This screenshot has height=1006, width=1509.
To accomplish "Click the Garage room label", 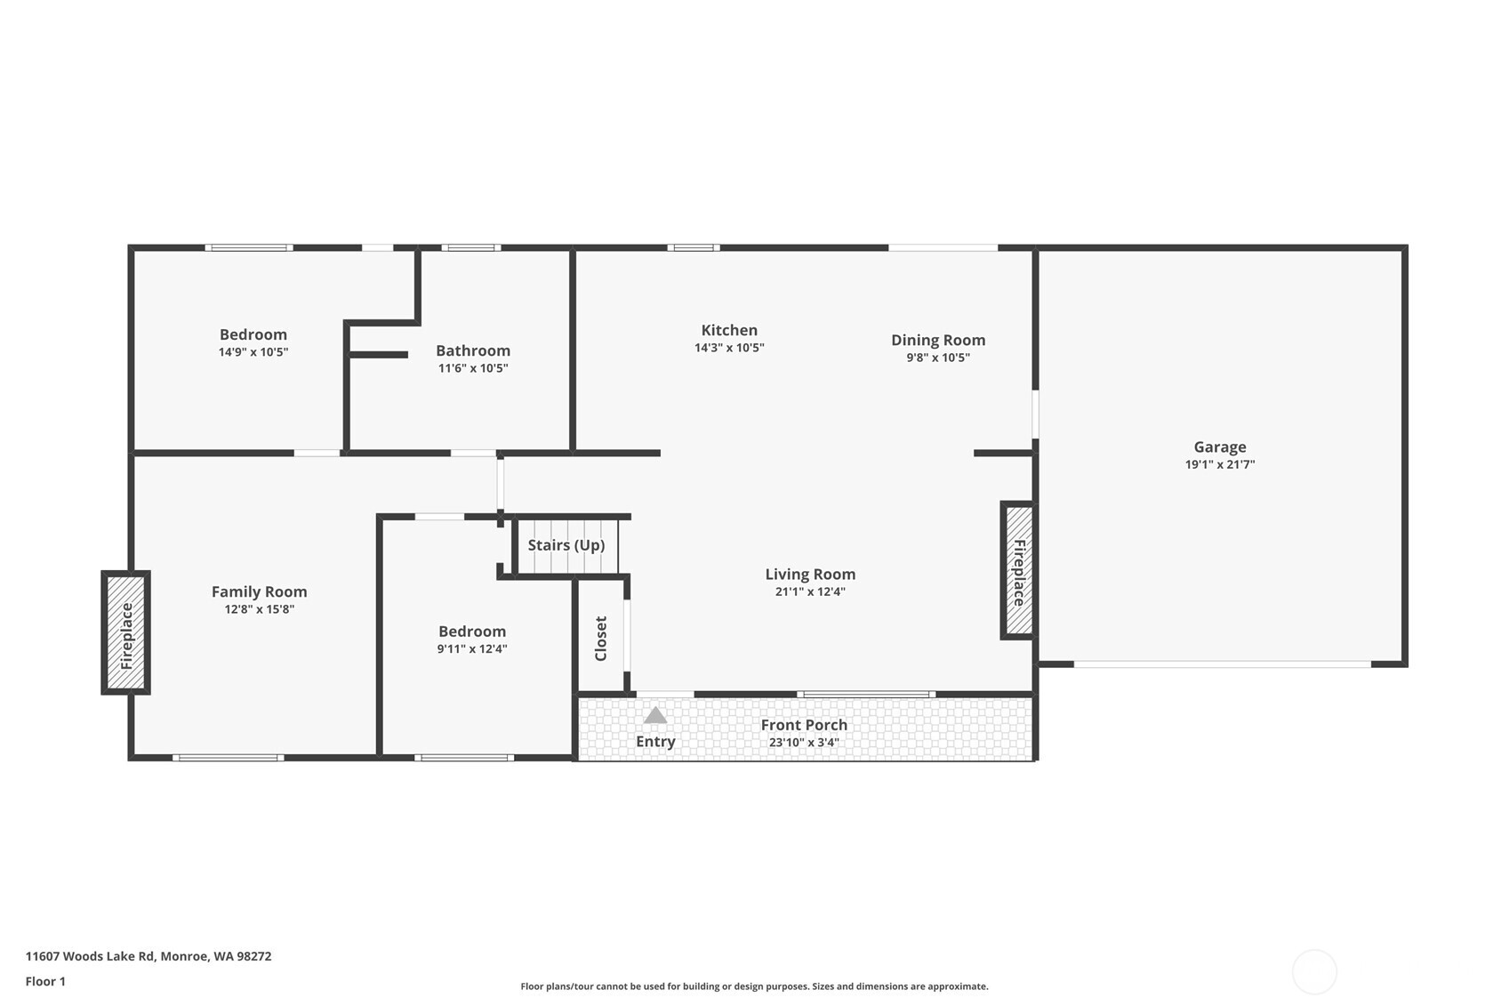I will pyautogui.click(x=1219, y=447).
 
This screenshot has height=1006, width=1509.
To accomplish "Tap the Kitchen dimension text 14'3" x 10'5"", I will pyautogui.click(x=729, y=348).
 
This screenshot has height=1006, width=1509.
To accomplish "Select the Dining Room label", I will pyautogui.click(x=938, y=340).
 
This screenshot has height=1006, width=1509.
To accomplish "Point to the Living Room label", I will pyautogui.click(x=810, y=575).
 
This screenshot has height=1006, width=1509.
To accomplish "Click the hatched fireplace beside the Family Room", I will pyautogui.click(x=125, y=632).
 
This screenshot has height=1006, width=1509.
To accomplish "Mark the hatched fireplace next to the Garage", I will pyautogui.click(x=1019, y=570).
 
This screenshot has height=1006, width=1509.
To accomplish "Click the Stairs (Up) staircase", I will pyautogui.click(x=566, y=545).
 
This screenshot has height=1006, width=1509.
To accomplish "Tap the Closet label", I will pyautogui.click(x=601, y=638).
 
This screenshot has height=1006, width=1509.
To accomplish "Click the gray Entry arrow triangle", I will pyautogui.click(x=655, y=715).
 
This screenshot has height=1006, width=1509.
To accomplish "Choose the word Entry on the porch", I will pyautogui.click(x=655, y=742).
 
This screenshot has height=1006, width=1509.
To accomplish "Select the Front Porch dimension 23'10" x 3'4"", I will pyautogui.click(x=804, y=743).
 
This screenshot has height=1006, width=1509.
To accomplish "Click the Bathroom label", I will pyautogui.click(x=473, y=350).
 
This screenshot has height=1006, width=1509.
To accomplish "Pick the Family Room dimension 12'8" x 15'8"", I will pyautogui.click(x=259, y=609).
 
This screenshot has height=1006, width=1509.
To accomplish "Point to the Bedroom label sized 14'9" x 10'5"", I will pyautogui.click(x=253, y=334).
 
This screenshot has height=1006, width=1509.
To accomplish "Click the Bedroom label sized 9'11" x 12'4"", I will pyautogui.click(x=472, y=632).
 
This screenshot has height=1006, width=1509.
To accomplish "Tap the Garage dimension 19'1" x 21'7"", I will pyautogui.click(x=1219, y=464).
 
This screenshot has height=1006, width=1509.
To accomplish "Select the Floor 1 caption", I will pyautogui.click(x=45, y=981).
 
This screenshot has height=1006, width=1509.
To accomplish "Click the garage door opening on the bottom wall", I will pyautogui.click(x=1223, y=664).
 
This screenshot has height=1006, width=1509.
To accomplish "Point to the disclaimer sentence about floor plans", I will pyautogui.click(x=754, y=986).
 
